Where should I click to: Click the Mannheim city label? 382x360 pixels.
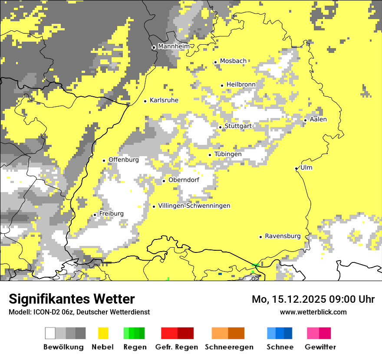(x=174, y=46)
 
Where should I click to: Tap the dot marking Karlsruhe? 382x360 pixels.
(x=145, y=101)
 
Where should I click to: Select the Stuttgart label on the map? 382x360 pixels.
(x=238, y=126)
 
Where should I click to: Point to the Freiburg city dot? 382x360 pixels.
(x=95, y=215)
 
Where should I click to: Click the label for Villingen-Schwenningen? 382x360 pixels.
(x=194, y=206)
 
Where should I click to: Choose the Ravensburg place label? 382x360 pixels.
(x=283, y=236)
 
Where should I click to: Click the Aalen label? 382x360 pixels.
(x=318, y=119)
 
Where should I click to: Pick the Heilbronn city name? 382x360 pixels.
(x=241, y=85)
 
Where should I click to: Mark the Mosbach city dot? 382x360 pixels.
(x=215, y=62)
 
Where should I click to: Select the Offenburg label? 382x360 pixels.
(x=124, y=160)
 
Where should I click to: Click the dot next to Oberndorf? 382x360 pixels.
(x=164, y=181)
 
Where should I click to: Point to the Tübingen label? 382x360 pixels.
(x=228, y=154)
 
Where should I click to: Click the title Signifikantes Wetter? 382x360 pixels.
(x=72, y=299)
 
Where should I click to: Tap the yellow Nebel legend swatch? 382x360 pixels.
(x=103, y=333)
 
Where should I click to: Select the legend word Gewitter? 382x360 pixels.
(x=320, y=347)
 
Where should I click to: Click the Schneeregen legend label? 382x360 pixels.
(x=229, y=347)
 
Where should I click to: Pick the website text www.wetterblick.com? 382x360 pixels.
(x=313, y=312)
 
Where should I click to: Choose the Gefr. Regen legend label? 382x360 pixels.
(x=176, y=347)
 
